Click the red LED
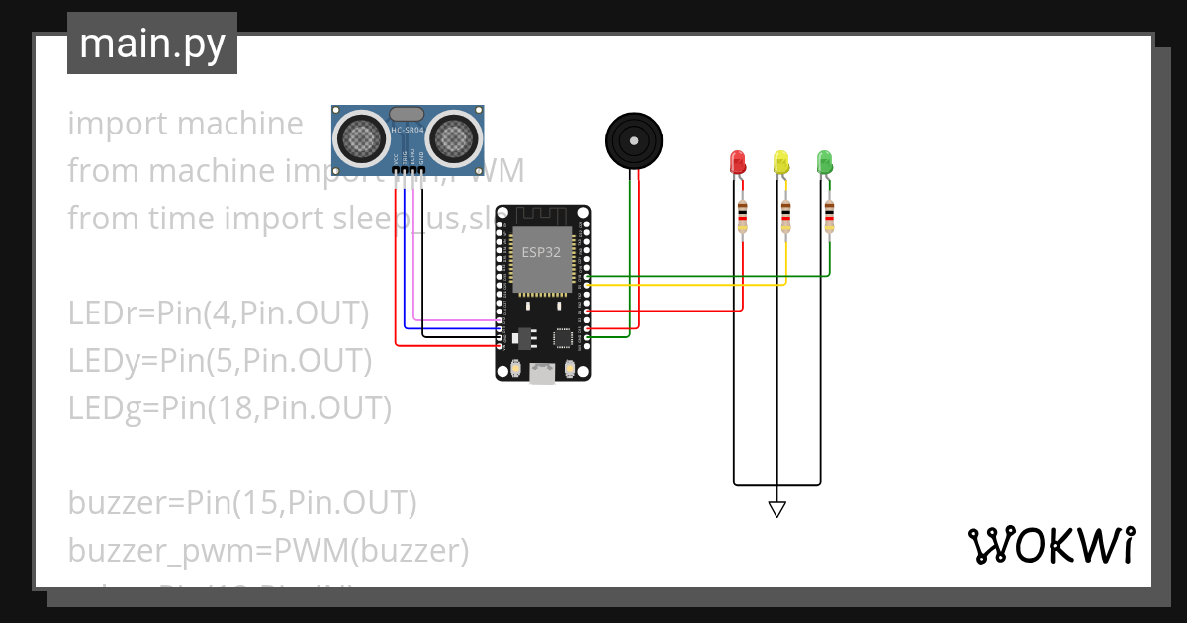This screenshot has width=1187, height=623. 737,162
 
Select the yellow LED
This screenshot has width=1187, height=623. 780,162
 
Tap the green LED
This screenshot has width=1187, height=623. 824,162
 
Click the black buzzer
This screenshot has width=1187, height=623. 633,141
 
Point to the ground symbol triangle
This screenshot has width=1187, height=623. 777,509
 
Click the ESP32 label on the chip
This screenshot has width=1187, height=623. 542,252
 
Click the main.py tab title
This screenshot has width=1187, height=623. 152,44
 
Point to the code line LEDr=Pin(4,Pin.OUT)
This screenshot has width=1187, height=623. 218,313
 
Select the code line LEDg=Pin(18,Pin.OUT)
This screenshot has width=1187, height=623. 229,407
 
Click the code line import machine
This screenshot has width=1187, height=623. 185,124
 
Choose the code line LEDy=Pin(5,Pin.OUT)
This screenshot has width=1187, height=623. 220,361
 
